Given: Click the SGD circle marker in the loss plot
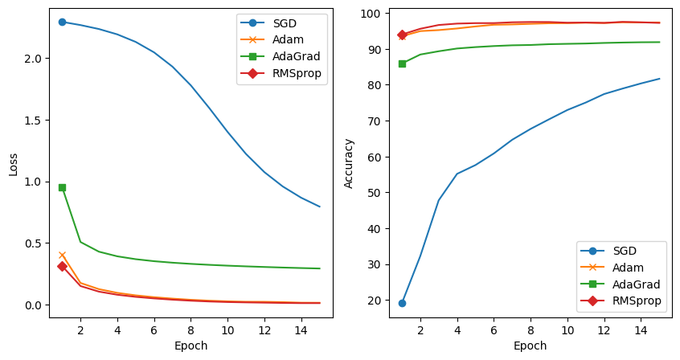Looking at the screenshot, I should (62, 22).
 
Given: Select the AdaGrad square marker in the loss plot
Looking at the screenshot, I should (62, 187).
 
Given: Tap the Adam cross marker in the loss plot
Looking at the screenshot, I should (62, 256).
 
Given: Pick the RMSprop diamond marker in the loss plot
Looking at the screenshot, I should (62, 266).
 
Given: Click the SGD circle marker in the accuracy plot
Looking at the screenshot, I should (402, 303).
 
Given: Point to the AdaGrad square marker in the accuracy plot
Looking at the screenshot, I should (402, 63).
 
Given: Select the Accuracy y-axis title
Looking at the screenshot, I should (349, 163).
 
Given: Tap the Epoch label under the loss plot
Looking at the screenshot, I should (190, 346).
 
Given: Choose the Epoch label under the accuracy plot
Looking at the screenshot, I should (530, 346).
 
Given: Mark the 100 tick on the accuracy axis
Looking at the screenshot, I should (371, 14).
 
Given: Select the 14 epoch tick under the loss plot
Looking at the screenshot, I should (301, 329).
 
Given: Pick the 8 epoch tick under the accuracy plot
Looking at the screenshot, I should (530, 329).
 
